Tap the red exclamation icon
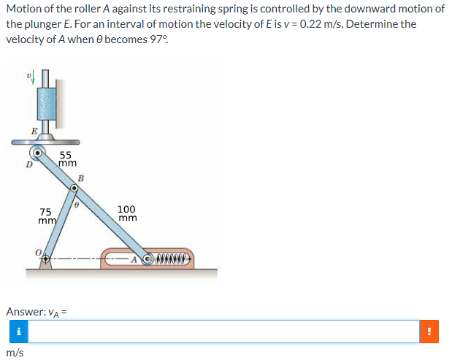(429, 332)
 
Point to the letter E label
(34, 131)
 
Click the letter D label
(28, 164)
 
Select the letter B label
(81, 177)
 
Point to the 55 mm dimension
(66, 160)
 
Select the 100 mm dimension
(127, 213)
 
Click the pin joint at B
(73, 188)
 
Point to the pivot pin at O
(46, 258)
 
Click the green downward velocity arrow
(30, 77)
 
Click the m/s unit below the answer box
(15, 353)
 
